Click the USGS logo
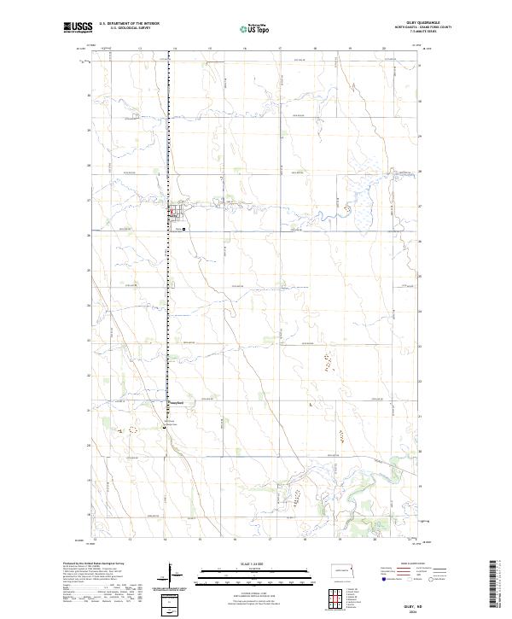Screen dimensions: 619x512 point(77,28)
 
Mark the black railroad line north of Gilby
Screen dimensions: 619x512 point(168,128)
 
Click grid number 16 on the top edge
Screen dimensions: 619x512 point(245,50)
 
